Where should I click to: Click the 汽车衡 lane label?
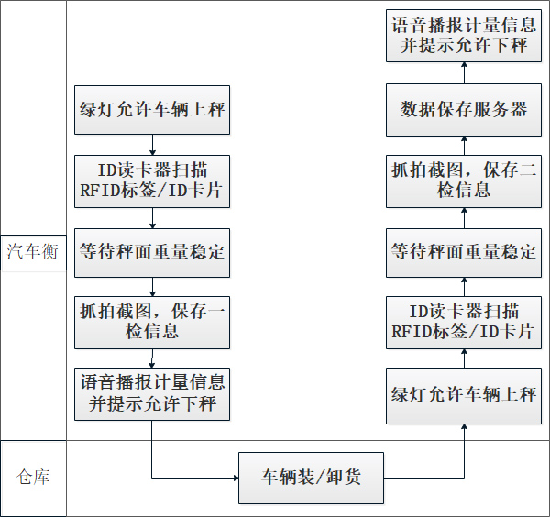(33, 251)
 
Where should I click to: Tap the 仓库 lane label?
(33, 477)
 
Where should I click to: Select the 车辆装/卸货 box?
(312, 477)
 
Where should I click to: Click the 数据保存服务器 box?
(464, 110)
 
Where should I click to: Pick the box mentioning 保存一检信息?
(152, 321)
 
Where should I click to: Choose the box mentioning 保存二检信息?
(464, 181)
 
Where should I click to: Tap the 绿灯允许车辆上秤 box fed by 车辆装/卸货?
(464, 396)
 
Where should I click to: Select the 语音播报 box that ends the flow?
(464, 35)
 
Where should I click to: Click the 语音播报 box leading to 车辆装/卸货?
(152, 391)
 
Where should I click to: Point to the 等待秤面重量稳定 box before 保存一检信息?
(152, 251)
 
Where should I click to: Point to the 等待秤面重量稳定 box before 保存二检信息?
(464, 251)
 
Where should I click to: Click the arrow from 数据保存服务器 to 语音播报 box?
(464, 74)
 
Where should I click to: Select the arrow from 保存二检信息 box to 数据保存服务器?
(464, 147)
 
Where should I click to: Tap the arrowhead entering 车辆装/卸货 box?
(233, 478)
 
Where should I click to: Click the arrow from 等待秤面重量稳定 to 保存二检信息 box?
(464, 216)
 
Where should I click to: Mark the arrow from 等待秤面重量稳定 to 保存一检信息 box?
(152, 285)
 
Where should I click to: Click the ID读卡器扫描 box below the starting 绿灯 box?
(152, 181)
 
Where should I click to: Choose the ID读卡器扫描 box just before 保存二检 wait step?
(464, 321)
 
